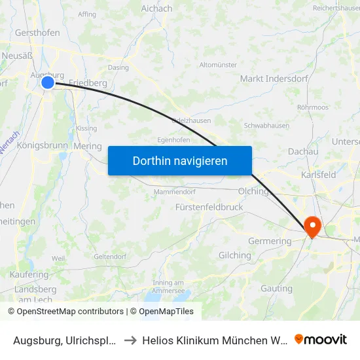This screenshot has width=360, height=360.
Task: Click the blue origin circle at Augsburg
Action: click(x=48, y=82)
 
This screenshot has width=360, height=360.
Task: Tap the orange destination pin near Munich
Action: click(x=313, y=226)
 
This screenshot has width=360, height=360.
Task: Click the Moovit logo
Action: click(x=321, y=340)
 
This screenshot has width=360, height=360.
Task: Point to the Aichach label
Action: click(x=156, y=9)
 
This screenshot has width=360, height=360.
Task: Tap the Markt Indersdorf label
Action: click(x=270, y=79)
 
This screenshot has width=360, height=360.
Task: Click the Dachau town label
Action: click(x=303, y=151)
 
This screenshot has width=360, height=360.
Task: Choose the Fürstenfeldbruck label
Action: click(x=209, y=207)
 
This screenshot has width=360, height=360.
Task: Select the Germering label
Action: click(x=269, y=241)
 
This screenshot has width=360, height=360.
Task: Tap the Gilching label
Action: click(x=234, y=255)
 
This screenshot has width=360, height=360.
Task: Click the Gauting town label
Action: click(x=276, y=288)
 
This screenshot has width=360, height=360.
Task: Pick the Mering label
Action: click(x=88, y=147)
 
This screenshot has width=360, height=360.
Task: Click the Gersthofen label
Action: click(x=37, y=33)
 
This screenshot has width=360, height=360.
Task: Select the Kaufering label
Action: click(x=29, y=275)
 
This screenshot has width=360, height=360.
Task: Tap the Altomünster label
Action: click(x=218, y=65)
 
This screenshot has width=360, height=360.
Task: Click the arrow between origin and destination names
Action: click(x=130, y=340)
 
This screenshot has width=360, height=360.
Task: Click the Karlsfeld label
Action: click(x=318, y=175)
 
